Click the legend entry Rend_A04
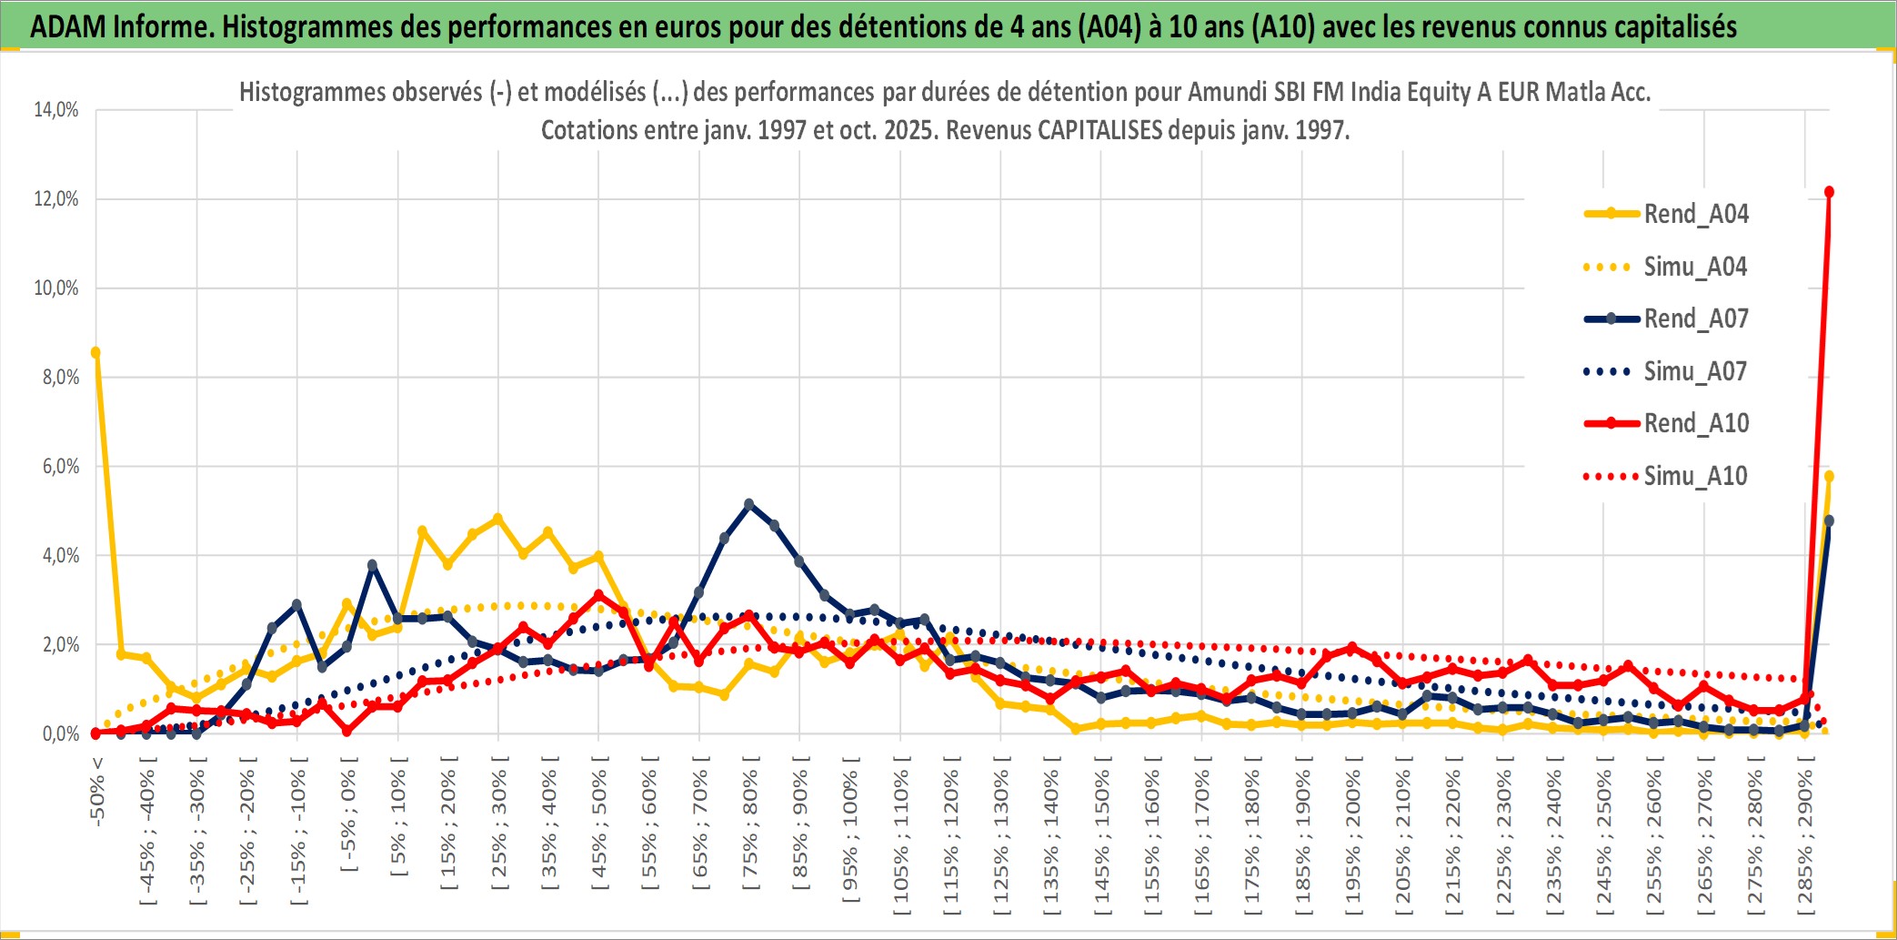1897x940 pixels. click(x=1695, y=214)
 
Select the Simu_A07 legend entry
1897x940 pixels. click(x=1695, y=371)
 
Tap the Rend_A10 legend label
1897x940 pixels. click(x=1696, y=423)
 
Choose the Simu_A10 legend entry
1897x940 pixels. click(x=1695, y=476)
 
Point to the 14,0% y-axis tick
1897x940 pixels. click(x=56, y=110)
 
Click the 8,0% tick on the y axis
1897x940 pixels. click(x=60, y=378)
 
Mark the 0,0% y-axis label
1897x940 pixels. click(x=60, y=734)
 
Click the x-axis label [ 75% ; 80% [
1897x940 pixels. click(x=750, y=829)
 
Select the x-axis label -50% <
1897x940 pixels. click(x=97, y=791)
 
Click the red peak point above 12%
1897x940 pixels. click(x=1829, y=192)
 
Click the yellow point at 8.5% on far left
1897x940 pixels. click(x=95, y=352)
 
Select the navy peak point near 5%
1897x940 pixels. click(x=749, y=503)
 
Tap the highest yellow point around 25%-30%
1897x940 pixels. click(x=497, y=519)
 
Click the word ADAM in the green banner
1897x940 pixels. click(x=68, y=26)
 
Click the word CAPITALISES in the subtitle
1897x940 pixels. click(x=1099, y=130)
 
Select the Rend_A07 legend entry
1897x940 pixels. click(x=1696, y=318)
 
